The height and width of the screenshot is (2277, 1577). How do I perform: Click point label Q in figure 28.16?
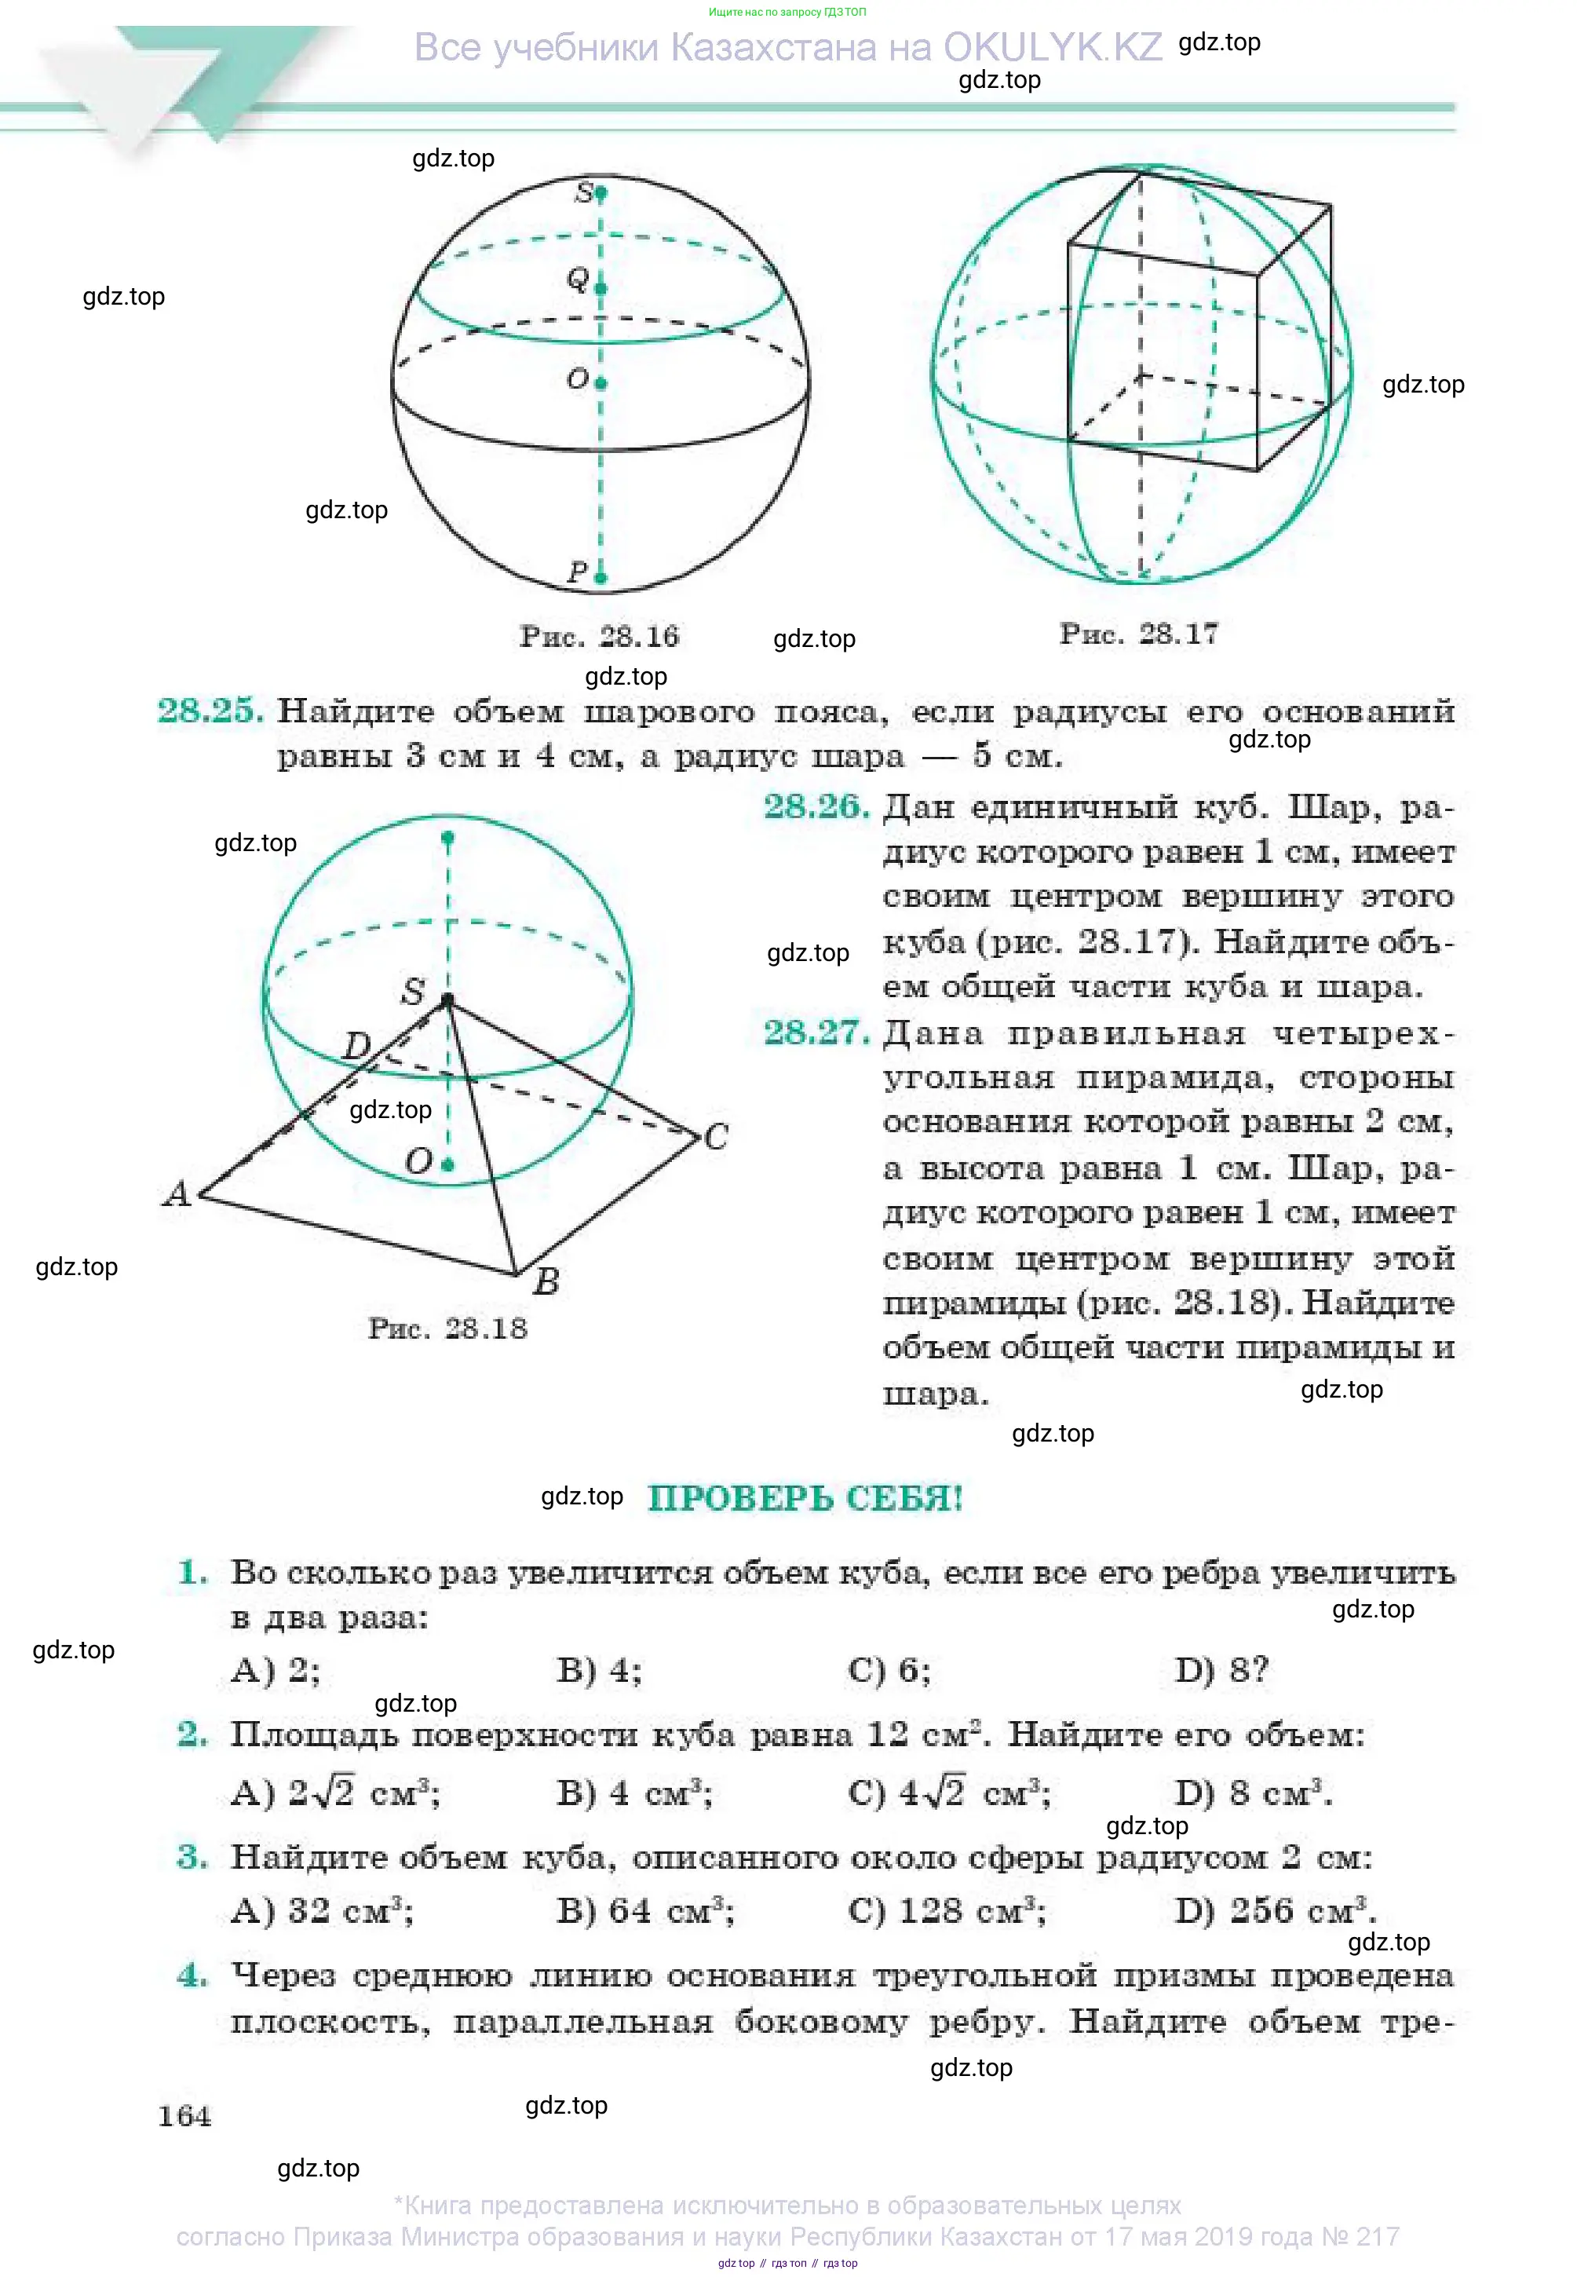(577, 279)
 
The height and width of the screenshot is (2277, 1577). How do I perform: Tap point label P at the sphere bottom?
(577, 572)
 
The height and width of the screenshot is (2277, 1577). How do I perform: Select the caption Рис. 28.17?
(1138, 634)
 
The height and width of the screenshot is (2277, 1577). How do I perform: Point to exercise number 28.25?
(210, 711)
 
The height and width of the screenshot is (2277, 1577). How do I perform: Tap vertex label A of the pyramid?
(177, 1193)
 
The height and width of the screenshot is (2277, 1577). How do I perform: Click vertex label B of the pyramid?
(546, 1282)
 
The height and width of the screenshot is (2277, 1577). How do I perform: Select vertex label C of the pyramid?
(717, 1136)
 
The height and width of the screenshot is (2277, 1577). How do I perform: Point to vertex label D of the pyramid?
(356, 1044)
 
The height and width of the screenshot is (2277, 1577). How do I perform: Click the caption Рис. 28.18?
(447, 1329)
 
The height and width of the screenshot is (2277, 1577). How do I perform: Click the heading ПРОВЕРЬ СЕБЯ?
(805, 1498)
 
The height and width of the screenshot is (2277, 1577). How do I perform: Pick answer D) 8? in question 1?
(1221, 1670)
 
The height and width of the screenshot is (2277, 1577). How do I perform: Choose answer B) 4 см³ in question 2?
(634, 1793)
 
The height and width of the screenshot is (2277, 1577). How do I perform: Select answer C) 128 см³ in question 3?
(947, 1911)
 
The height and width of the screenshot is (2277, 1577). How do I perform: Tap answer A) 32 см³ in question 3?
(322, 1911)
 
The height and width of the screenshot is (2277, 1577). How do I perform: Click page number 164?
(184, 2116)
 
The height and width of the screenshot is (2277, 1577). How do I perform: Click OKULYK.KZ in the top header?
(1053, 46)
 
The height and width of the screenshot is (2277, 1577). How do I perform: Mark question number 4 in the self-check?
(192, 1975)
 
